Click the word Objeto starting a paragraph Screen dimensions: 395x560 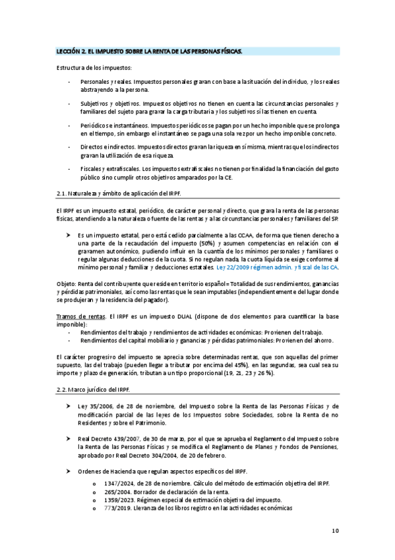tap(67, 283)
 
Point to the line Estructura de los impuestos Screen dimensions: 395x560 tap(94, 68)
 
